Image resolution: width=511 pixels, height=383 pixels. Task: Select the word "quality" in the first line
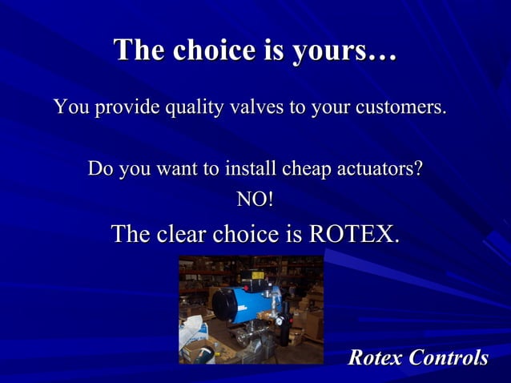(x=195, y=107)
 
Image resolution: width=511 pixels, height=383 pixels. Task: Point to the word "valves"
(x=259, y=107)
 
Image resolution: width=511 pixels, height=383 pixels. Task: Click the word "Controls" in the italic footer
(x=449, y=357)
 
